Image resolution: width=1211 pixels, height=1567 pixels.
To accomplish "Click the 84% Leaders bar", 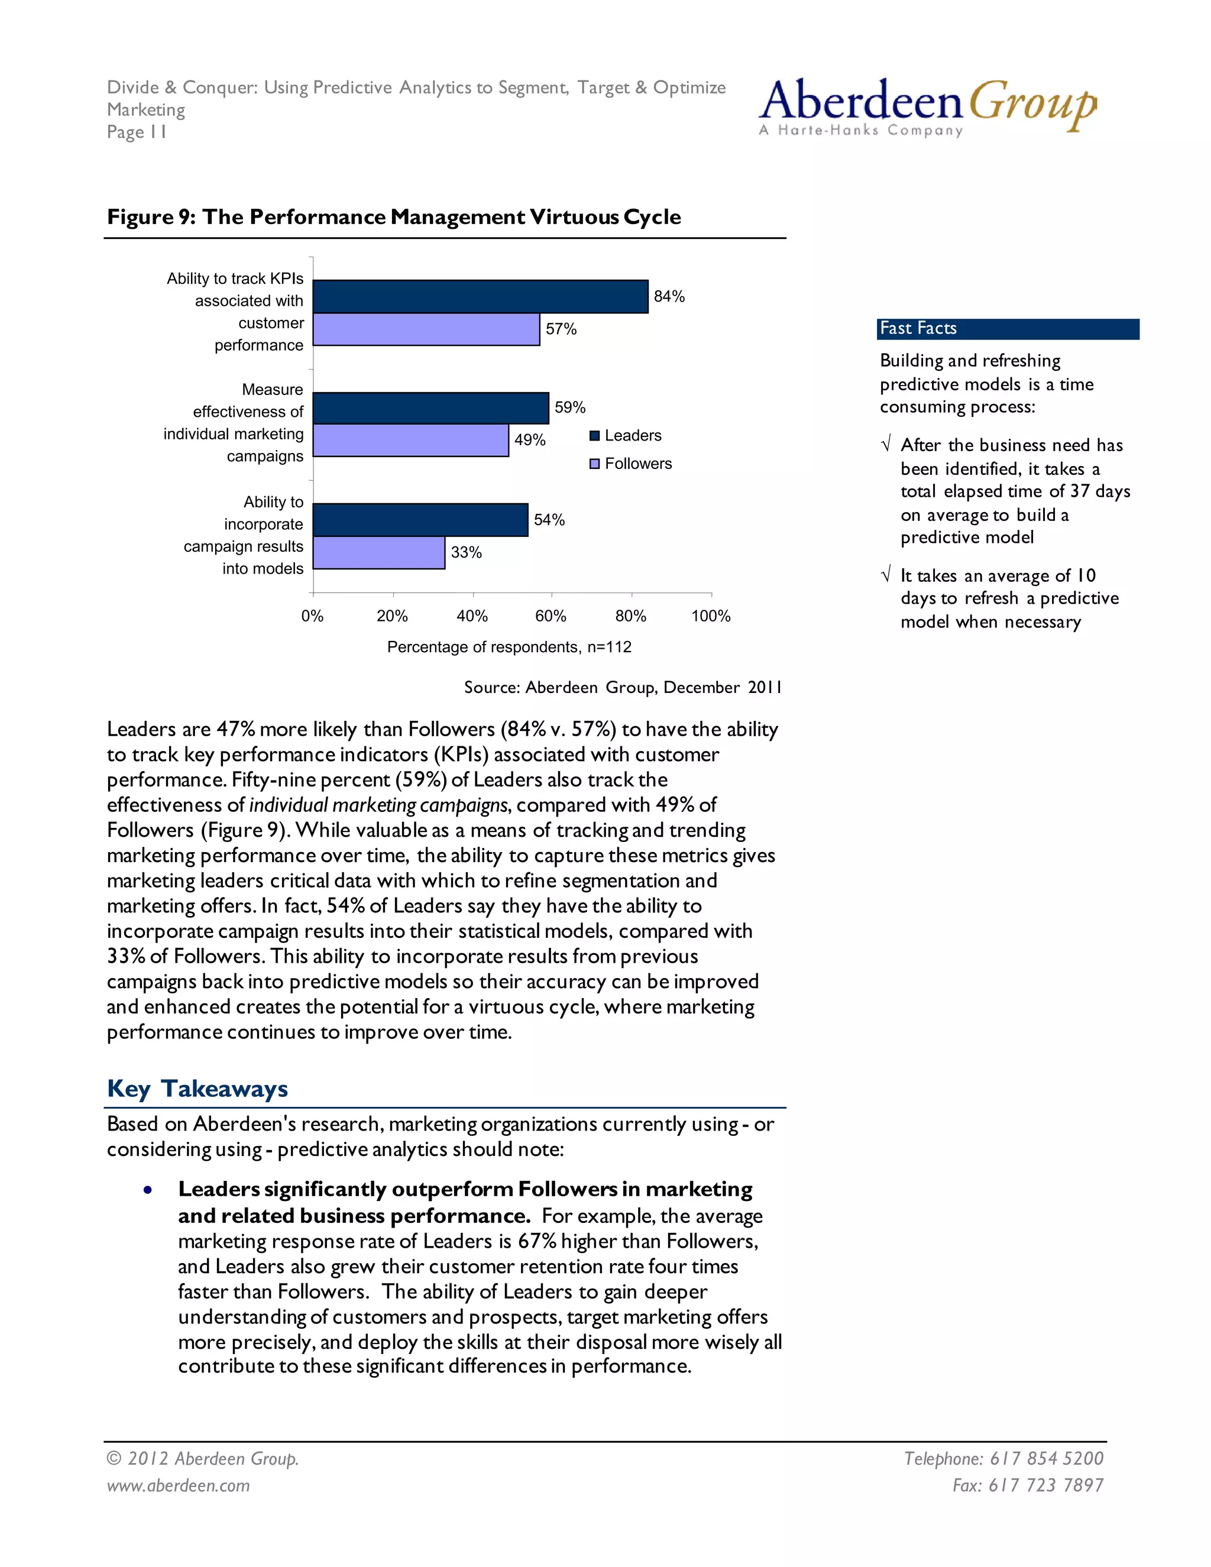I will point(480,296).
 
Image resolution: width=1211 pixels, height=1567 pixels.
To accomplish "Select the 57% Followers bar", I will point(426,329).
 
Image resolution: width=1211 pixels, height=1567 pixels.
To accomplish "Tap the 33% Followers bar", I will point(379,552).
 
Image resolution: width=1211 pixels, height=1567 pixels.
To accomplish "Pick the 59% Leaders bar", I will point(430,407).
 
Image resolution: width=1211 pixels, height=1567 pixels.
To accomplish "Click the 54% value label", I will point(549,520).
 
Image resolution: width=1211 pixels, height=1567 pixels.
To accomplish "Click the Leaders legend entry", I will point(626,436).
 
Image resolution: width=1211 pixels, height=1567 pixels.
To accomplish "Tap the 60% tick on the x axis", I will point(551,616).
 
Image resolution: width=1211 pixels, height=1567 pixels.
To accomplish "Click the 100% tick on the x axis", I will point(710,616).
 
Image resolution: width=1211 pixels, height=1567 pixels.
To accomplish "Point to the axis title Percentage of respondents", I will point(509,647).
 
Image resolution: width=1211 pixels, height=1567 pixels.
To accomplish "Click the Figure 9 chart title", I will point(394,216).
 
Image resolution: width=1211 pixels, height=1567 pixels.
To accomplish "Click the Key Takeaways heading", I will point(197,1089).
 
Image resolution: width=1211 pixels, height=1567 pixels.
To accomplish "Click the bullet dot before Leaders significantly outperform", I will point(148,1190).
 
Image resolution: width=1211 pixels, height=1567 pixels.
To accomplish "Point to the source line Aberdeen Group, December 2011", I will point(622,687).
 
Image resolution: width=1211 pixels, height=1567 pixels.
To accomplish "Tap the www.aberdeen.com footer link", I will point(178,1485).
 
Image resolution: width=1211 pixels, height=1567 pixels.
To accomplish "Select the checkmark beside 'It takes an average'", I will point(886,575).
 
